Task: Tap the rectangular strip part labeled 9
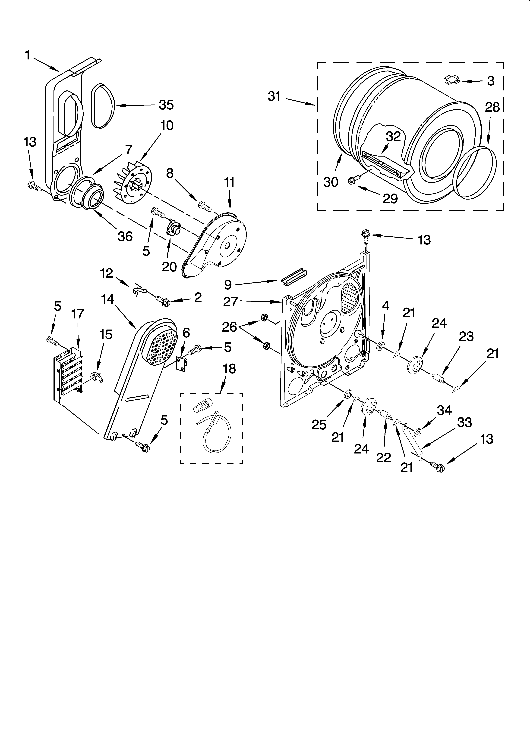point(293,276)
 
